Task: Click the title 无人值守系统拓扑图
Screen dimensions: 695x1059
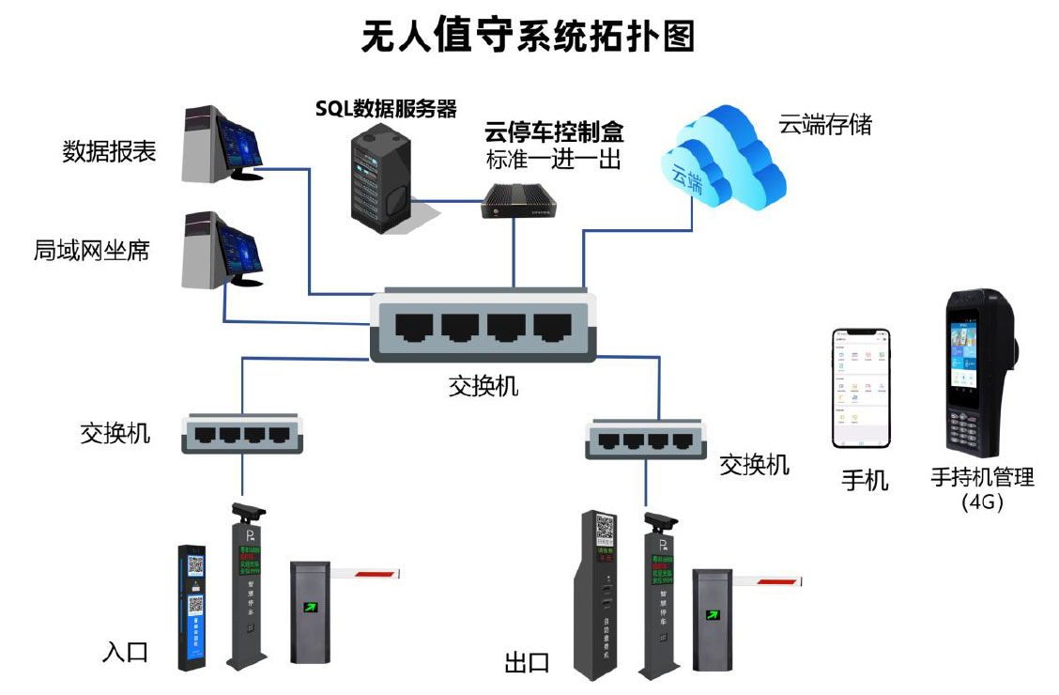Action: click(529, 37)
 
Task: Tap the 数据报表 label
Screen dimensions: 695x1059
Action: click(109, 151)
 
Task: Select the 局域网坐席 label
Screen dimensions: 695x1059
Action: click(91, 251)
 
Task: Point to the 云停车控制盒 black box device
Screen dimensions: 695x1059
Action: click(516, 200)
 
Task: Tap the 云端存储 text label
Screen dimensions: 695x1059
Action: click(825, 125)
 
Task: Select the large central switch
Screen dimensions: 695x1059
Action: click(483, 326)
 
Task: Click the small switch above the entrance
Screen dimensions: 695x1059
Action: click(243, 433)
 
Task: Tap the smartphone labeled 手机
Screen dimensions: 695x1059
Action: click(860, 388)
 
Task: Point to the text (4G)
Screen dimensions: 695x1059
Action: click(983, 502)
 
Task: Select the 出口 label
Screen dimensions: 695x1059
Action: click(527, 663)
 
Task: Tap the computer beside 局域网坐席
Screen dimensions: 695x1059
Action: click(223, 249)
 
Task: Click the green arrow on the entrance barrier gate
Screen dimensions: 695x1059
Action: click(307, 606)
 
